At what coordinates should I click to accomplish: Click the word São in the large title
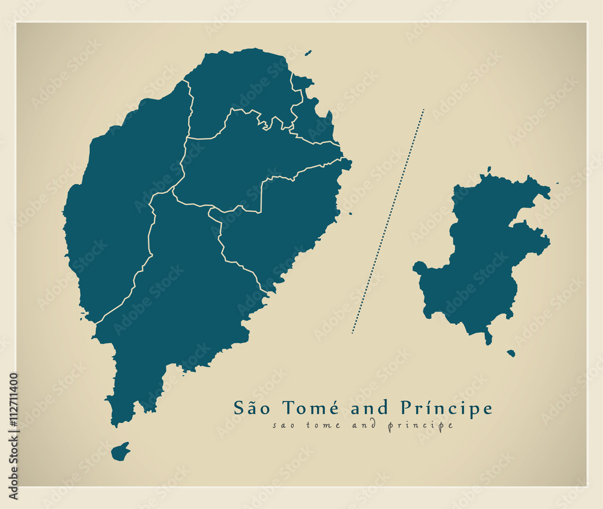pyautogui.click(x=250, y=409)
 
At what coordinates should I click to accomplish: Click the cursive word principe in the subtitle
pyautogui.click(x=420, y=426)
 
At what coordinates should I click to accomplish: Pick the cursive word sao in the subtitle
pyautogui.click(x=283, y=426)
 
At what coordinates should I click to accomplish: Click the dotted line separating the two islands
pyautogui.click(x=389, y=220)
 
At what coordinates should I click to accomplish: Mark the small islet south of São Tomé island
pyautogui.click(x=121, y=451)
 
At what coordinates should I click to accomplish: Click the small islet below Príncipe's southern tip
pyautogui.click(x=511, y=353)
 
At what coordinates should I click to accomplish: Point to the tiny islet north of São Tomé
pyautogui.click(x=308, y=53)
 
